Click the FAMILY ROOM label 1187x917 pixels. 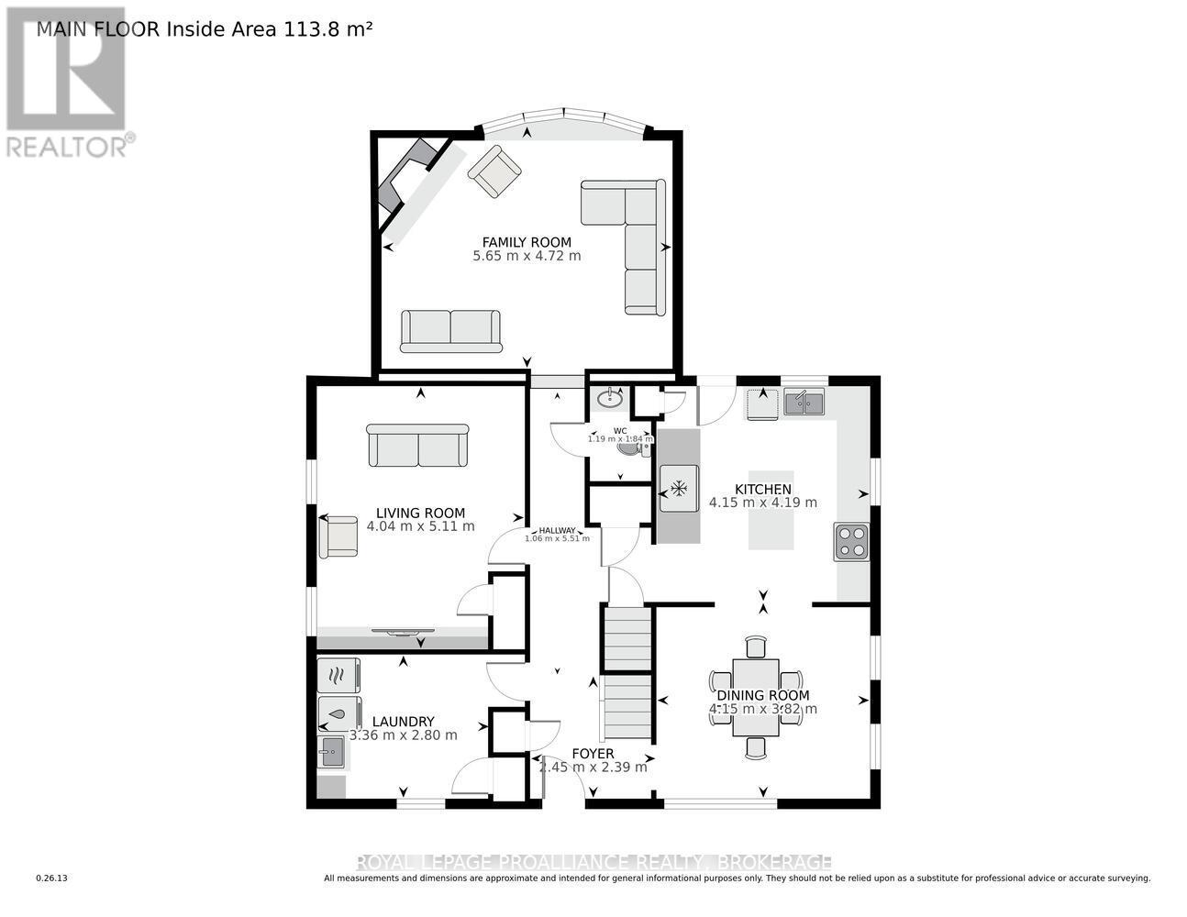(x=527, y=242)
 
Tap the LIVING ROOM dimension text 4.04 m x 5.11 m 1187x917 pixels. (x=420, y=526)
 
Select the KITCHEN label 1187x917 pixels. (x=762, y=489)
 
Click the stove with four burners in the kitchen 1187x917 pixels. (x=851, y=541)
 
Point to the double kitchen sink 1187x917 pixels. (x=804, y=401)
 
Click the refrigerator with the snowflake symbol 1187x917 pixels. (x=679, y=488)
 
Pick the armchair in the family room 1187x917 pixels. (x=494, y=171)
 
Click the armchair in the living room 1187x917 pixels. (x=338, y=536)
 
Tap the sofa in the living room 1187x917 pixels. (x=417, y=446)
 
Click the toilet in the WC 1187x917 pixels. (x=631, y=447)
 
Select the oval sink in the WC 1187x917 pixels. (x=609, y=398)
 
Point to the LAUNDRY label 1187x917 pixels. (x=403, y=722)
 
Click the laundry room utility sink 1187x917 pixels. (x=331, y=753)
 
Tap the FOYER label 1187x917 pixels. (x=593, y=754)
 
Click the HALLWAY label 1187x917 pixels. (x=557, y=530)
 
